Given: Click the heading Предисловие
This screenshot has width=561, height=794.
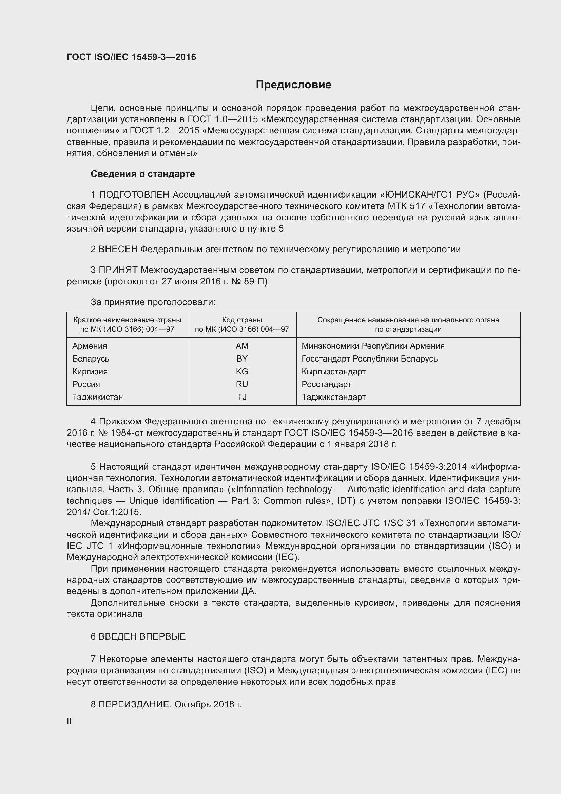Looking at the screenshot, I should (293, 85).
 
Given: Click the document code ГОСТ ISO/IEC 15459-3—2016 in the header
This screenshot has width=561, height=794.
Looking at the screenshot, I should (131, 57).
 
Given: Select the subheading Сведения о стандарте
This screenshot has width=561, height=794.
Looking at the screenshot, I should (143, 174).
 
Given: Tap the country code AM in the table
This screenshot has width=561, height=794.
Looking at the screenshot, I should (242, 346).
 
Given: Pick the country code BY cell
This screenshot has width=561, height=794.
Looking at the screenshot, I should (242, 358).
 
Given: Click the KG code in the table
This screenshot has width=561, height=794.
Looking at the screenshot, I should (242, 371).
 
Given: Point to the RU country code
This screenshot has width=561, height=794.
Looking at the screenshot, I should (242, 384).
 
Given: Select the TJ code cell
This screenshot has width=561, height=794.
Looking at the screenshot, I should (242, 397).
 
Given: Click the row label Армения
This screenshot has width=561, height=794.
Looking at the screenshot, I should (90, 346).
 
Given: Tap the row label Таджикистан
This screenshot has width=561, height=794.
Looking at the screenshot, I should (97, 397).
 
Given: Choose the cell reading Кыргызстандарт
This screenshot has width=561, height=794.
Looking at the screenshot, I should (333, 371).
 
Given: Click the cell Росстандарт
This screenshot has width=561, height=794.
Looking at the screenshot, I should (326, 384).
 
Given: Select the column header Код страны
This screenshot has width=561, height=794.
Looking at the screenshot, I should (242, 320).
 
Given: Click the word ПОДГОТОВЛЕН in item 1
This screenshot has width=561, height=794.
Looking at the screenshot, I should (134, 195).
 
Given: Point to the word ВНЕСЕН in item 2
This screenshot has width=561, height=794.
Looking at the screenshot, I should (118, 250).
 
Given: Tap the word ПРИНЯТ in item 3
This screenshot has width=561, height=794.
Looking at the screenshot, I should (118, 270).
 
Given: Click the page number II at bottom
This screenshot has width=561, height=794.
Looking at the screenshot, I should (69, 721).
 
